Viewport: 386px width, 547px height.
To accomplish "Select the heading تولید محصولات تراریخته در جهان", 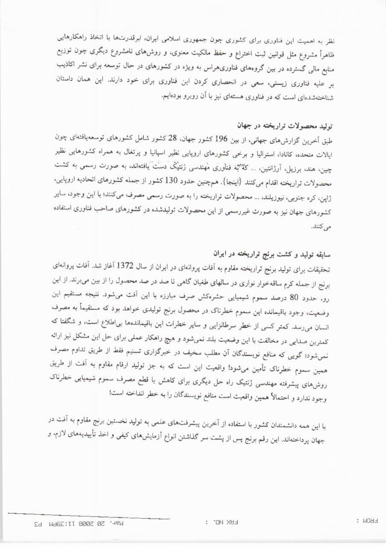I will click(x=286, y=126).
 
